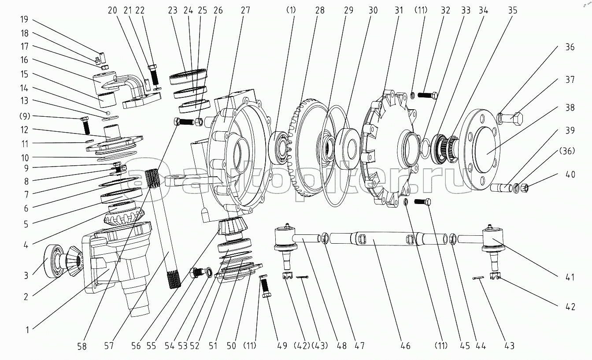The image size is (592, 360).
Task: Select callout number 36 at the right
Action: (570, 47)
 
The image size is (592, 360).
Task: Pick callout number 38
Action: (570, 107)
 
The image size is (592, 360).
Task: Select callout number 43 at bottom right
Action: (509, 346)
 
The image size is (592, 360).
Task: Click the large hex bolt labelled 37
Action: (514, 118)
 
